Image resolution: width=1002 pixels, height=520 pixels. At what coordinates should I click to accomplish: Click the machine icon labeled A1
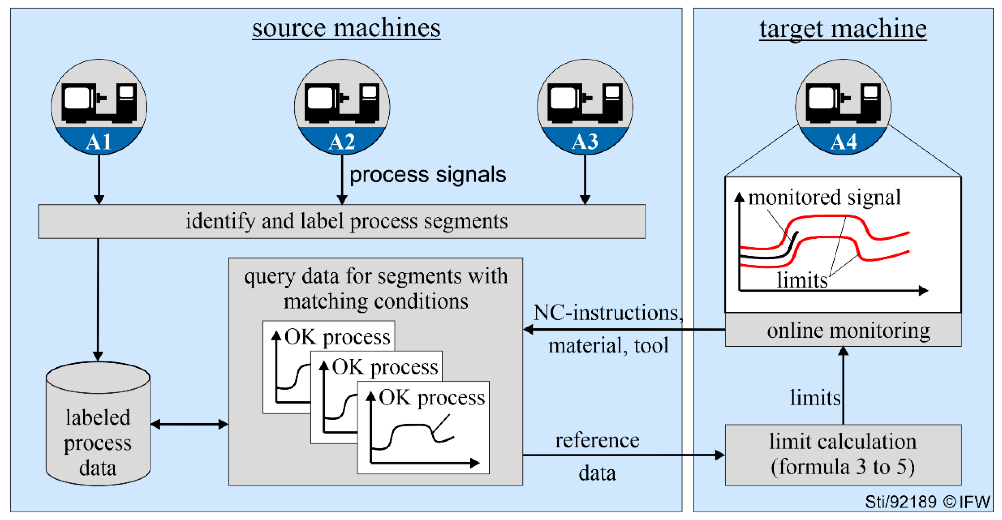pyautogui.click(x=99, y=107)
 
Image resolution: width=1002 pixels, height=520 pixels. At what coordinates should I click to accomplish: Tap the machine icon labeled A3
pyautogui.click(x=585, y=107)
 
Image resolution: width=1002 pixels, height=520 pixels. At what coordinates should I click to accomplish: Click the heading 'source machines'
pyautogui.click(x=346, y=28)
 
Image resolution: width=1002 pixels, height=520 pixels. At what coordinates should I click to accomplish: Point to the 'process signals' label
pyautogui.click(x=428, y=175)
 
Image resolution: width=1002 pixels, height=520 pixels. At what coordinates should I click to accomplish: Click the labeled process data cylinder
pyautogui.click(x=98, y=428)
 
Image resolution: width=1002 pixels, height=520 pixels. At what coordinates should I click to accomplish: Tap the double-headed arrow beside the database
pyautogui.click(x=189, y=424)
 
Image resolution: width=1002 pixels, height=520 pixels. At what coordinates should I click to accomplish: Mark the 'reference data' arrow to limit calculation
pyautogui.click(x=622, y=455)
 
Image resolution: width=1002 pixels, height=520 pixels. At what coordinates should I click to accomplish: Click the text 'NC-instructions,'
pyautogui.click(x=608, y=312)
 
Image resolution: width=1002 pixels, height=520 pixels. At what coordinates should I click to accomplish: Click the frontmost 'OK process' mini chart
pyautogui.click(x=423, y=428)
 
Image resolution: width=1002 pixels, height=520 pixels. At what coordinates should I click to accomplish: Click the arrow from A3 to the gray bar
pyautogui.click(x=585, y=179)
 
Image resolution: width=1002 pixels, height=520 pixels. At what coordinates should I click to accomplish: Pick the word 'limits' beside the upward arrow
pyautogui.click(x=815, y=398)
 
